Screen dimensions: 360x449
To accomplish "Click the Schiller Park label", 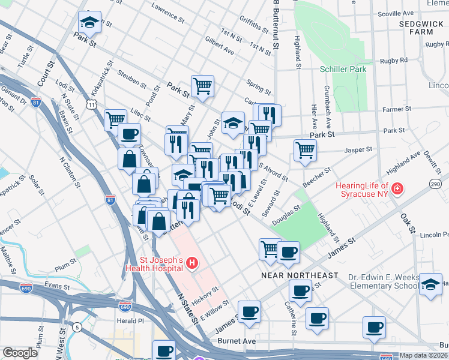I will (343, 70).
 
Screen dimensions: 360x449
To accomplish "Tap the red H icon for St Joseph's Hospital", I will (191, 263).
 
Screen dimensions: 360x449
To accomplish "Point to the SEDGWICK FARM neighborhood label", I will (424, 28).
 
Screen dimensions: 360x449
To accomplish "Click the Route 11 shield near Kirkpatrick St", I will (91, 104).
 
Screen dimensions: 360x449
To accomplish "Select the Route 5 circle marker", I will (77, 327).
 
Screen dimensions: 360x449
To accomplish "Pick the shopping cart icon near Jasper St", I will (305, 151).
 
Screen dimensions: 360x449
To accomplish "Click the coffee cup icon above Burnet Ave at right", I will (375, 328).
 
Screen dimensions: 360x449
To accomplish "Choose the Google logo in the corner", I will (20, 353).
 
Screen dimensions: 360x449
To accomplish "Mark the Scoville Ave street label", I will (394, 13).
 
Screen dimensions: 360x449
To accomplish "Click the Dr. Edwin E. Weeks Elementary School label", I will (382, 281).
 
